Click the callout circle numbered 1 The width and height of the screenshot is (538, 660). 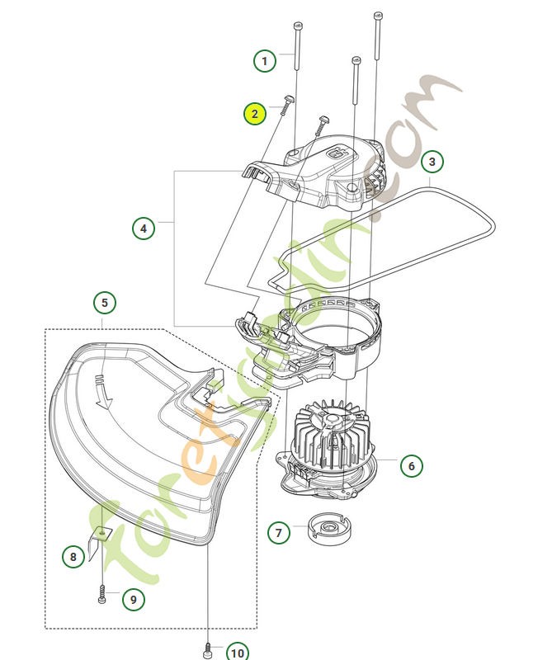tap(265, 60)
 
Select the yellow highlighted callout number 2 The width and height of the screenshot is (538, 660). tap(255, 114)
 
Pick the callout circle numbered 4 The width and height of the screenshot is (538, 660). tap(144, 228)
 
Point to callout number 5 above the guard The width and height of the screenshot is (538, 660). tap(104, 303)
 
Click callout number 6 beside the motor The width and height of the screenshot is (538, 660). tap(411, 465)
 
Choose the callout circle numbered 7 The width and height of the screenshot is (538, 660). tap(279, 532)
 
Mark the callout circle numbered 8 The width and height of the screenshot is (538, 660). tap(73, 557)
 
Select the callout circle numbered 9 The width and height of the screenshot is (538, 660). tap(133, 599)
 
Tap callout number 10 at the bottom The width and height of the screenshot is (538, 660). tap(237, 653)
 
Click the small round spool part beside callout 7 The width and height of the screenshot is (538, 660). tap(329, 526)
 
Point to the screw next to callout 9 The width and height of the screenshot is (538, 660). tap(102, 596)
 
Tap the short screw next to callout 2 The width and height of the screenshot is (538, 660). tap(286, 105)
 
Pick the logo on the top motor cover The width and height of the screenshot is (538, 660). tap(336, 151)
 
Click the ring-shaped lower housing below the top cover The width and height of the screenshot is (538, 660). tap(334, 330)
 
